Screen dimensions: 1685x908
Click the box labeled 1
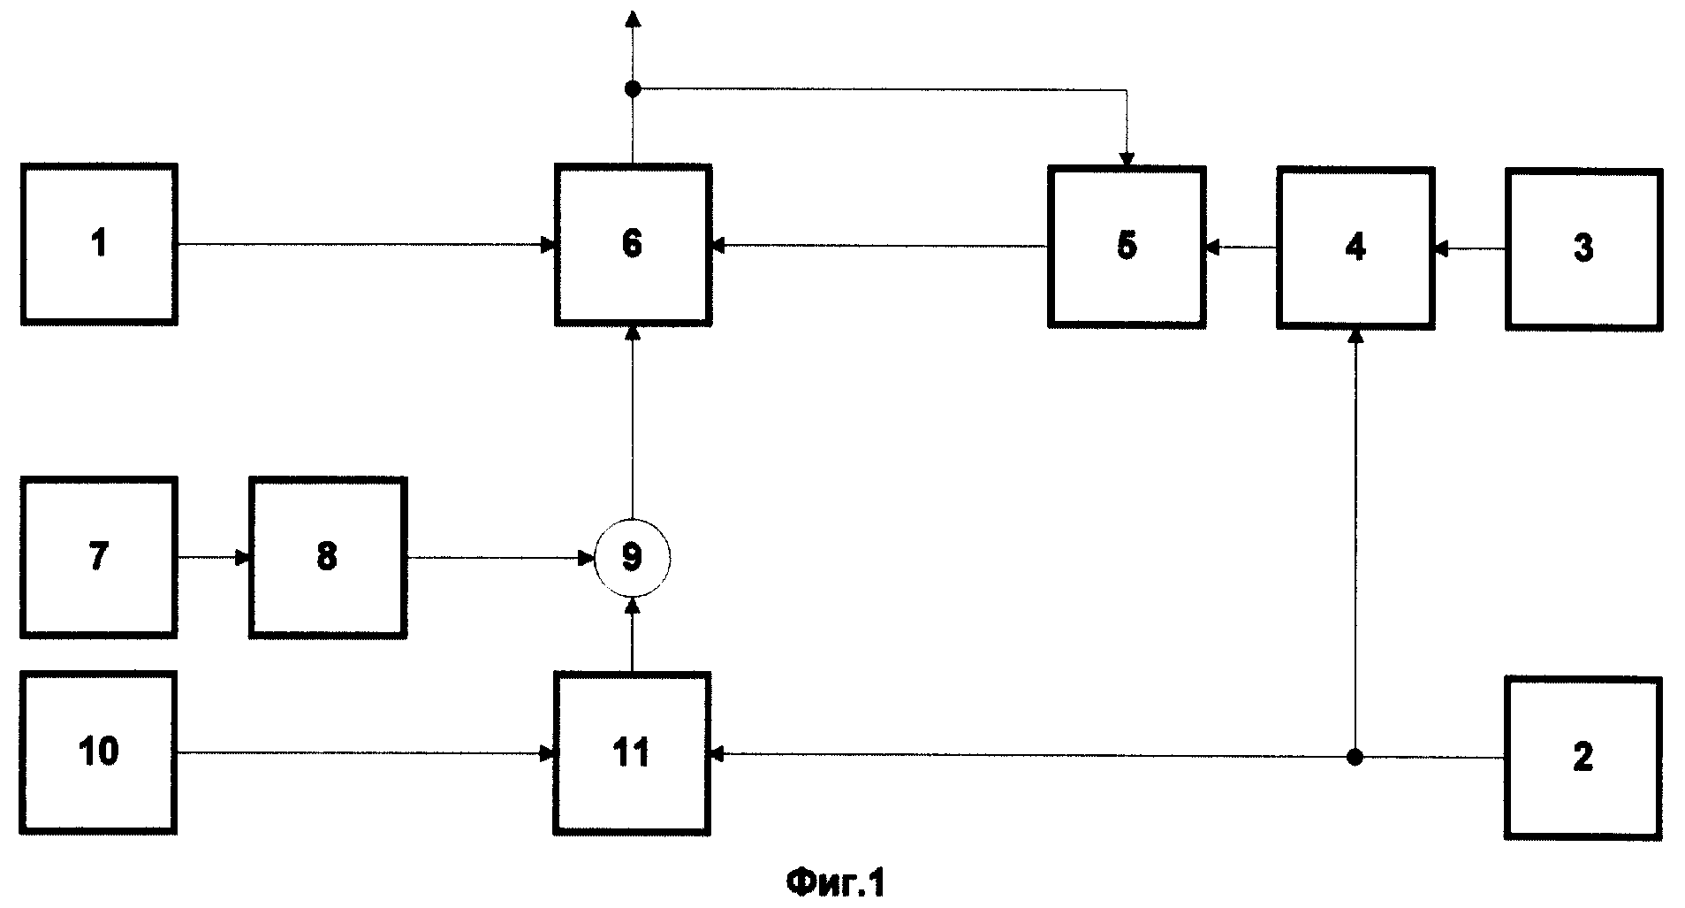tap(99, 244)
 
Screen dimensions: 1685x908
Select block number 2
tap(1583, 757)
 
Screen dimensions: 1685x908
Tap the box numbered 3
tap(1583, 248)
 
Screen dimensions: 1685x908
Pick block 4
tap(1355, 248)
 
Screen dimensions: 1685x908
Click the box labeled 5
tap(1127, 247)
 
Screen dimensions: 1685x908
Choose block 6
tap(633, 244)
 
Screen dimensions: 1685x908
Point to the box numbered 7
tap(99, 557)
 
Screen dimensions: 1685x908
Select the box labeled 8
tap(328, 557)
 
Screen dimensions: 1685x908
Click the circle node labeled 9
tap(633, 557)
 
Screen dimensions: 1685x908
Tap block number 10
tap(99, 753)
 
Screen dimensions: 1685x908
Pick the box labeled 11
tap(633, 753)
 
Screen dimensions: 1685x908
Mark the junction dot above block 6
tap(633, 88)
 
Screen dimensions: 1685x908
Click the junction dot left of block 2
tap(1355, 757)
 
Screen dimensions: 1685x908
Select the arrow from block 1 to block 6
tap(366, 244)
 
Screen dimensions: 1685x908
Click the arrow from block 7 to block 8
tap(214, 557)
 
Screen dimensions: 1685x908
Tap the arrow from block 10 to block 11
tap(366, 753)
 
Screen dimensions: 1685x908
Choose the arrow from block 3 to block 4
tap(1469, 250)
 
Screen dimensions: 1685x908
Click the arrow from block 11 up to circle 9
tap(633, 635)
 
